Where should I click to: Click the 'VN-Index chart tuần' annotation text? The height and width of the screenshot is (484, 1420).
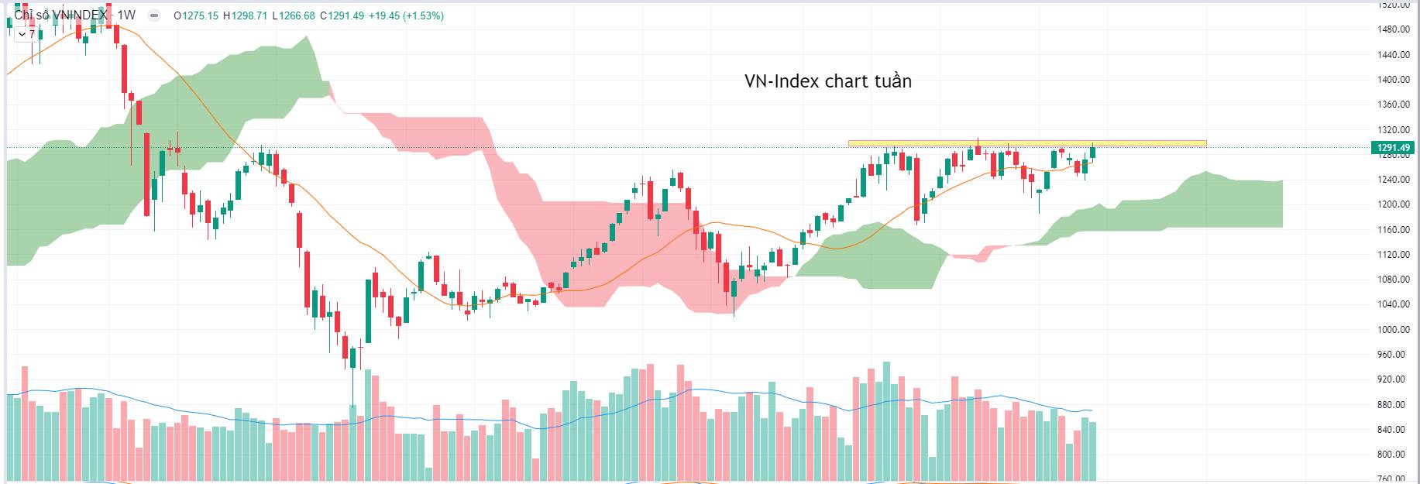827,81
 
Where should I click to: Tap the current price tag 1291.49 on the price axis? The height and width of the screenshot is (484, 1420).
1393,148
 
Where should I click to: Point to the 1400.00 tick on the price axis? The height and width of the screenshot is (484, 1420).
1393,80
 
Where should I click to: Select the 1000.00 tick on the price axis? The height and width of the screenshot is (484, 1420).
1393,330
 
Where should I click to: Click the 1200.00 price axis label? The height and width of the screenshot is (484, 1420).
1393,204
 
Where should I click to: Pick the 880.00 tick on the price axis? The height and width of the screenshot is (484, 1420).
1393,405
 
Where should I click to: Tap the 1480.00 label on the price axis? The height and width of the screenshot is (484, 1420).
1393,29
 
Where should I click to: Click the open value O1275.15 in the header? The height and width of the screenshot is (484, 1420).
196,15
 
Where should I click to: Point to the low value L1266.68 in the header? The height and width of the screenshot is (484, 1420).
294,15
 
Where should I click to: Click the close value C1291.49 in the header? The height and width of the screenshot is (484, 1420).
342,15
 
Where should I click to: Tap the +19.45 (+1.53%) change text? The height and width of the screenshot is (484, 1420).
406,15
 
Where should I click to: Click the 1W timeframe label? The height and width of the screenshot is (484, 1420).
126,15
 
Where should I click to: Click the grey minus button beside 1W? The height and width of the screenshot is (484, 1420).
154,15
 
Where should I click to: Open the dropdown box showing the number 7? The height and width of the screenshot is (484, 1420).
27,33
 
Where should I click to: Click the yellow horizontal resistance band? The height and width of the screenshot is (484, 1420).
1026,143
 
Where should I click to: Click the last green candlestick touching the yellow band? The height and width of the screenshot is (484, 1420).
1092,152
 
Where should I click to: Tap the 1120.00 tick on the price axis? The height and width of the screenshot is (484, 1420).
1393,255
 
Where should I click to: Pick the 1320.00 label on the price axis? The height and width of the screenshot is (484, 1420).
1393,130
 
